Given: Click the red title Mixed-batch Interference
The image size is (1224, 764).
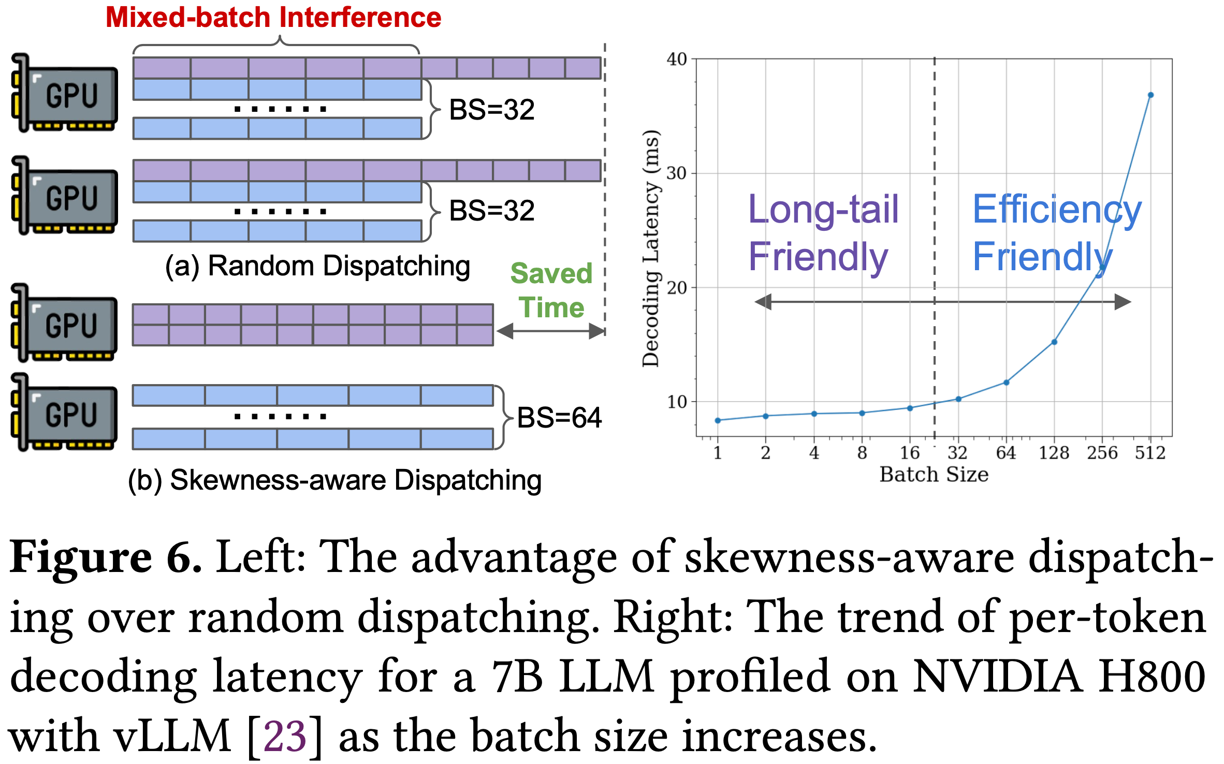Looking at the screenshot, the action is coord(273,17).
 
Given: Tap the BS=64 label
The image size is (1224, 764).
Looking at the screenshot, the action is coord(559,417).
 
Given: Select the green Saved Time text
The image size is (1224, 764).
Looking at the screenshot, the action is coord(551,290).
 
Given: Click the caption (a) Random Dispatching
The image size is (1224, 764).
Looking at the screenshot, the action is coord(317,267).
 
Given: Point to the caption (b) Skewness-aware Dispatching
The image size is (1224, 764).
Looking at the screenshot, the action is coord(335,480).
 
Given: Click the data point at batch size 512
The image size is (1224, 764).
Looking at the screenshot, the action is coord(1150,95).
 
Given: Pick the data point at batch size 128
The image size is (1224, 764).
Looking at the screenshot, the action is coord(1054,342).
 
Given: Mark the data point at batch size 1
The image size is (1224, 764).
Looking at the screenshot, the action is coord(718,421).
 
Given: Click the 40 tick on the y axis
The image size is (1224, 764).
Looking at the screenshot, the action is coord(677,59).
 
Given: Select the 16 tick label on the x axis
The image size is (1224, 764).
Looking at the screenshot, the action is coord(910,453).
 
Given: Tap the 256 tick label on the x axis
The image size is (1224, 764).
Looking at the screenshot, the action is coord(1102,453).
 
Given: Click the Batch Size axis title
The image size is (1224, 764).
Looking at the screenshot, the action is coord(934,475).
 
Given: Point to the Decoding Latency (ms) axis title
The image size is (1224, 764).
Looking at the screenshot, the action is coord(651,248).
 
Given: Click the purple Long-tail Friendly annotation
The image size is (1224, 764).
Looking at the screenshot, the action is coord(823,233).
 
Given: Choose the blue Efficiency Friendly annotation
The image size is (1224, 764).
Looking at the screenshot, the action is coord(1057,233).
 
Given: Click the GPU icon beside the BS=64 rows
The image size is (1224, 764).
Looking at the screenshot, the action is coord(64,413).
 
